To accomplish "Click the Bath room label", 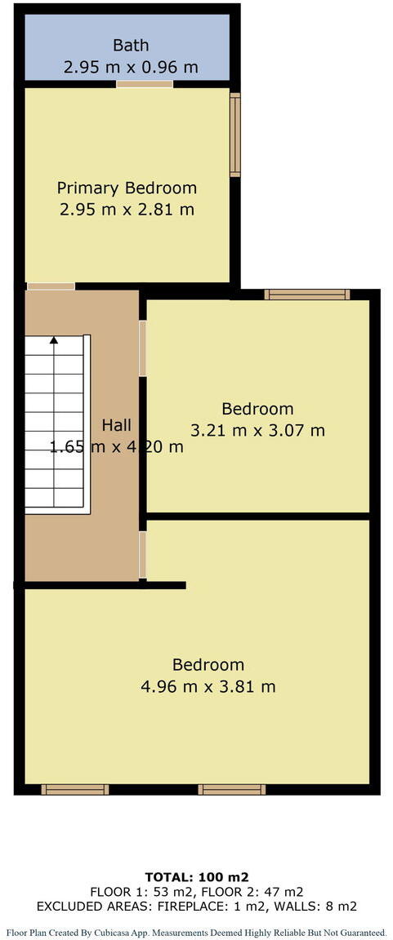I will click(x=131, y=45).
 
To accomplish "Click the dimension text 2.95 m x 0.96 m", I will click(x=131, y=67).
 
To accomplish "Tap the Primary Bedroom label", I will click(x=127, y=188).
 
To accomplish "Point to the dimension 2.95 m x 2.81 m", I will click(x=127, y=210).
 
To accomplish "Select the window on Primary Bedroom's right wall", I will click(x=235, y=135).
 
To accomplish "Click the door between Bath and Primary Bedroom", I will click(x=145, y=83).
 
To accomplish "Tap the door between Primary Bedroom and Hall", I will click(x=50, y=286).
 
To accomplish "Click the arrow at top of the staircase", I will click(x=54, y=340).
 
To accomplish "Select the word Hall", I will click(x=116, y=425).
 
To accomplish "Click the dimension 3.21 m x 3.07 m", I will click(x=257, y=430).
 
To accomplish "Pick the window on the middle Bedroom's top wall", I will click(x=306, y=295).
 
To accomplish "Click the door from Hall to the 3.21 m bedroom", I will click(x=143, y=348).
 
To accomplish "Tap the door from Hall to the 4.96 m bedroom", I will click(x=143, y=556).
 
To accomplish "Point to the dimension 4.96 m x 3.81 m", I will click(x=208, y=686).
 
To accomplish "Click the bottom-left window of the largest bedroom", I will click(x=75, y=789).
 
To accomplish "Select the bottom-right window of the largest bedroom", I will click(x=232, y=789).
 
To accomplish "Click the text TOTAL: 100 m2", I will click(x=196, y=876).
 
